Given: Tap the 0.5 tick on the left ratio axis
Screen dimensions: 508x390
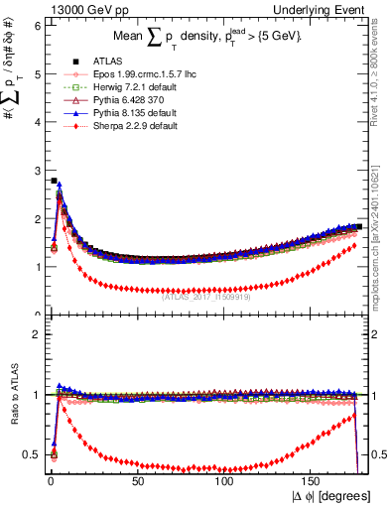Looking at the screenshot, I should click(x=33, y=454).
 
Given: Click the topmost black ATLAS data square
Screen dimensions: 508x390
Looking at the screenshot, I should click(x=54, y=182).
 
